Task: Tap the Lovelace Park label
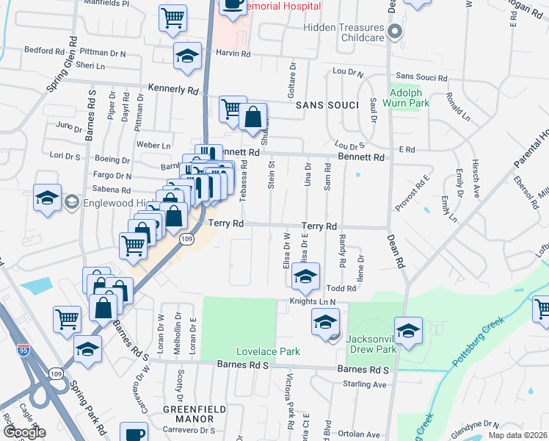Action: click(268, 351)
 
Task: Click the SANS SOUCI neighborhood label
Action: click(327, 106)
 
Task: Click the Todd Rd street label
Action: click(341, 289)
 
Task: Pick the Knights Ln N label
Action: click(312, 301)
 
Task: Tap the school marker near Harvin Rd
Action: click(188, 56)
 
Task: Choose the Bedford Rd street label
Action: click(45, 51)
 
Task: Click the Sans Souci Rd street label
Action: click(421, 77)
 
